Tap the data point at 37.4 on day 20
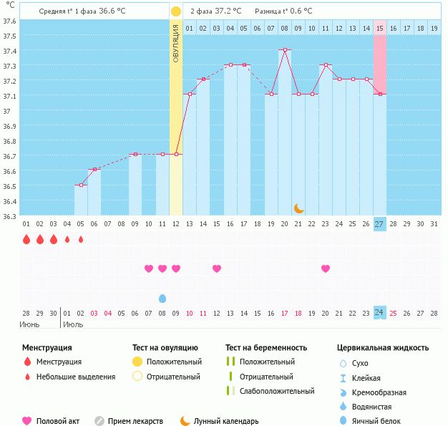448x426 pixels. [x=285, y=49]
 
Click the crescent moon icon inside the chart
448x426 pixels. [x=299, y=208]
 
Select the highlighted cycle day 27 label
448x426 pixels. [x=379, y=223]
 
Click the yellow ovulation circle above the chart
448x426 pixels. [x=175, y=11]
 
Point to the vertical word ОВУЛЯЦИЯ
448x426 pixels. [x=176, y=43]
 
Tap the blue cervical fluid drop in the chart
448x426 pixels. [x=162, y=298]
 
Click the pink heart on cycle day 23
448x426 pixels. [x=326, y=268]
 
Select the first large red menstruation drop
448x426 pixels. [x=26, y=239]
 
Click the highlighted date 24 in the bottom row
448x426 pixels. [x=379, y=312]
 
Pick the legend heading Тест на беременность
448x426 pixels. [x=266, y=347]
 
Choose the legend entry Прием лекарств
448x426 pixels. [x=135, y=421]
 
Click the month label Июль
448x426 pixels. [x=73, y=324]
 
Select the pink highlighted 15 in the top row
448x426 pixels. [x=379, y=28]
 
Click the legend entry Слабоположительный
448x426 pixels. [x=277, y=391]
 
